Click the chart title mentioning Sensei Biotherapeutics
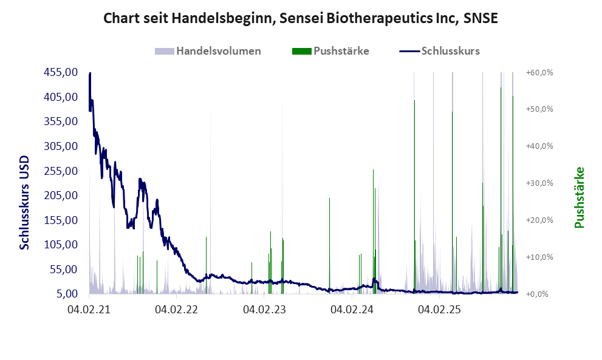click(x=301, y=18)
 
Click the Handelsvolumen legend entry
click(x=218, y=51)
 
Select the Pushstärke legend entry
click(x=341, y=51)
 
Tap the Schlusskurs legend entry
click(x=450, y=51)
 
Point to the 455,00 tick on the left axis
click(x=60, y=72)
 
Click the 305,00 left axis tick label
click(x=60, y=146)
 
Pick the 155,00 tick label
click(x=60, y=220)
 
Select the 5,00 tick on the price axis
click(x=66, y=294)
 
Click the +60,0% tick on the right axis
click(x=539, y=72)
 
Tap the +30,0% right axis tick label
click(x=539, y=183)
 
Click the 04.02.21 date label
click(x=89, y=310)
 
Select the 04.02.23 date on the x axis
click(x=264, y=310)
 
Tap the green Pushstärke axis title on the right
click(x=578, y=197)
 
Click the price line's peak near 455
click(x=90, y=73)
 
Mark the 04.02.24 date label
click(x=352, y=310)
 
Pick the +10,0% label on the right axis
click(x=539, y=257)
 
